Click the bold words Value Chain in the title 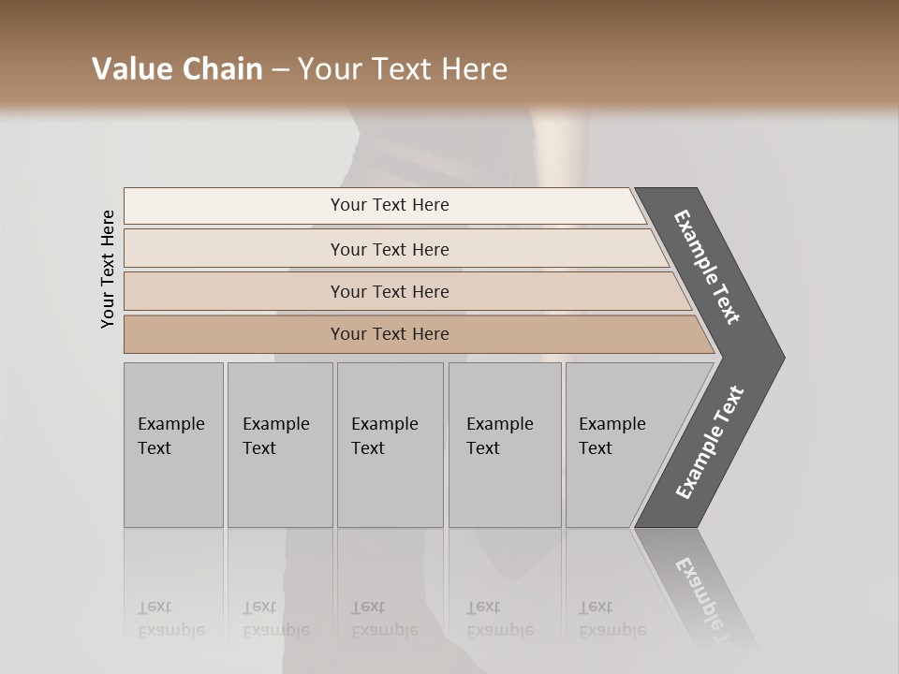click(177, 69)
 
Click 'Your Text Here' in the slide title click(403, 69)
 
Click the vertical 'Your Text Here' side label click(108, 269)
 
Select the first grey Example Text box click(173, 445)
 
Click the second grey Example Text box click(280, 445)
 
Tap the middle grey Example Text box click(390, 445)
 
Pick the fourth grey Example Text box click(505, 445)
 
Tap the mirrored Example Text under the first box click(170, 619)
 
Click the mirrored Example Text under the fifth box click(612, 619)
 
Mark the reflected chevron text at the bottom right click(707, 599)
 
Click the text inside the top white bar click(390, 205)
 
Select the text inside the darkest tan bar click(390, 334)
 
